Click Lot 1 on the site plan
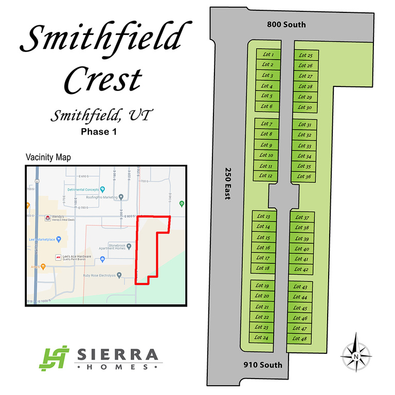[267, 55]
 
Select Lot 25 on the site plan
[306, 55]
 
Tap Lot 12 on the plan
[266, 176]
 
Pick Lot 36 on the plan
[304, 176]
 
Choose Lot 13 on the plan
[263, 217]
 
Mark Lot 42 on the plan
[301, 270]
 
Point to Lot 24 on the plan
[262, 338]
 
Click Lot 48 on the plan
[299, 338]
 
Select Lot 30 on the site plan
[305, 107]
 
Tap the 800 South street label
[286, 25]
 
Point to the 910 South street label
[262, 365]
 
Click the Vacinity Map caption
[48, 157]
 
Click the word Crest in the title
[104, 79]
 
